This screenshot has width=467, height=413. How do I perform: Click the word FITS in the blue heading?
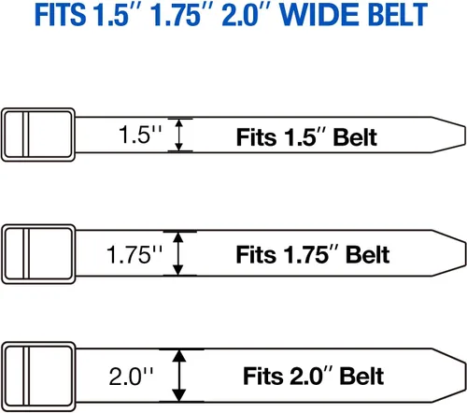(60, 14)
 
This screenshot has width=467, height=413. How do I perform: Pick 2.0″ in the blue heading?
(247, 14)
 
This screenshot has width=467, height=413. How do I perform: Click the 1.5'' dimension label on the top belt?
(140, 135)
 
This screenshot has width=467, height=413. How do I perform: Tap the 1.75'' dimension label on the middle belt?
(134, 254)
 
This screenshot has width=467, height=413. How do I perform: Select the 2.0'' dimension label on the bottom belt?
(131, 376)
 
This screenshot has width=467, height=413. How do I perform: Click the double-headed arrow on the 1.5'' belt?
(178, 135)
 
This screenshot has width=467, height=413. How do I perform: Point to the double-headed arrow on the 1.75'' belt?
(177, 253)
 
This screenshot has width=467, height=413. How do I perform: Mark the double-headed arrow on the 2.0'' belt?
(179, 376)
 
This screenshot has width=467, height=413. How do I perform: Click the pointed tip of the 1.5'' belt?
(465, 135)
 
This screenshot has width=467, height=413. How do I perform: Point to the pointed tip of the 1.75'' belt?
(466, 253)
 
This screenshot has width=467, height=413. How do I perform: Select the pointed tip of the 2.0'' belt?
(466, 376)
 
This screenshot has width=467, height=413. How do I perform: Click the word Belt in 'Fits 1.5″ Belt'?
(355, 137)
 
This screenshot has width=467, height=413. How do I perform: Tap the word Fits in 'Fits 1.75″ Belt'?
(256, 254)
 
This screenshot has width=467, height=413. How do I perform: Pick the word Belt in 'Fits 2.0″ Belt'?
(361, 377)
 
